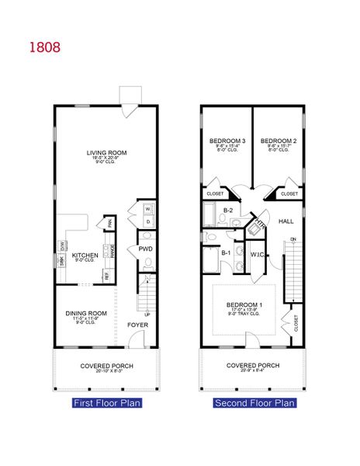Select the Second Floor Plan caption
pyautogui.click(x=254, y=403)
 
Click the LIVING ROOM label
pyautogui.click(x=106, y=153)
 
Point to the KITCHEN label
pyautogui.click(x=84, y=255)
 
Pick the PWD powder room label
pyautogui.click(x=144, y=249)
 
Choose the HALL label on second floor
pyautogui.click(x=285, y=221)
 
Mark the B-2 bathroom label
pyautogui.click(x=228, y=210)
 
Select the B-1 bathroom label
pyautogui.click(x=227, y=252)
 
